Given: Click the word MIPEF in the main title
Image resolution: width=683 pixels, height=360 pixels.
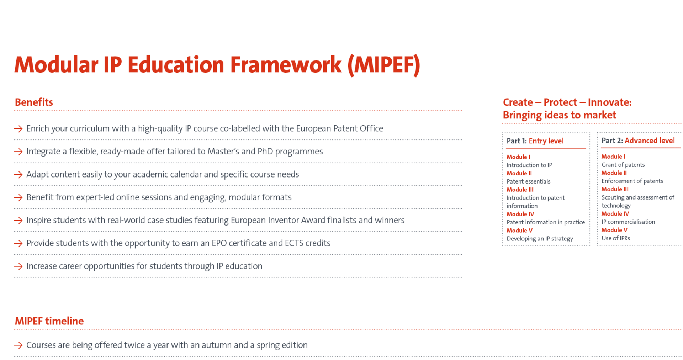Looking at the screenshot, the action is [384, 65].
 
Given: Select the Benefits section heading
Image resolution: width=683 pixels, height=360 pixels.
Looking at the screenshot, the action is [34, 102].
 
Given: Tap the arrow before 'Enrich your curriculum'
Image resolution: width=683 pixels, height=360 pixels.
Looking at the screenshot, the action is [18, 129].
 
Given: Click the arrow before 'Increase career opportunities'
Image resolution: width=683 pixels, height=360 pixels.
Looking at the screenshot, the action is [18, 266].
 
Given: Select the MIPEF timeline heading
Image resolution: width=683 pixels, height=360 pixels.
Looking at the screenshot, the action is [49, 321].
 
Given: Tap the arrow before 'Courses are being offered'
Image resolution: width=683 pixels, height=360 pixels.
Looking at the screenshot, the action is [18, 345].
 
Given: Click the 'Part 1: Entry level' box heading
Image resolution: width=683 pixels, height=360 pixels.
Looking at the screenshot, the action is [535, 141].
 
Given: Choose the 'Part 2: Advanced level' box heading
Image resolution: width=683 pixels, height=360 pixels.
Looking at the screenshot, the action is [638, 141].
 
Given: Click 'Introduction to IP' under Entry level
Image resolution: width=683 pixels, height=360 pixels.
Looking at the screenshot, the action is [529, 165].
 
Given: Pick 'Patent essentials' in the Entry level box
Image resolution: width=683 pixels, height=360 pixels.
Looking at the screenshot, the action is [528, 181].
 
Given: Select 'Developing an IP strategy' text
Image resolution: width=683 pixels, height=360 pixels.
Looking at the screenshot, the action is [540, 239].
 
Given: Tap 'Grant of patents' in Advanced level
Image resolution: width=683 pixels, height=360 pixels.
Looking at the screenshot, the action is [623, 165].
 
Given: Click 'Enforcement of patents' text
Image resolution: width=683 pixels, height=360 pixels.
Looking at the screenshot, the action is [632, 181].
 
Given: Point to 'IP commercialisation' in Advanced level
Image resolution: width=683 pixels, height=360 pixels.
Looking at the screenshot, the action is [628, 222].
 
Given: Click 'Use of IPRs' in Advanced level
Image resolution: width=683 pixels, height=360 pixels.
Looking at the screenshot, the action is [616, 238].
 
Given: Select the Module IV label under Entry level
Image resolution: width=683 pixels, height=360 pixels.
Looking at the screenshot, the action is [520, 214].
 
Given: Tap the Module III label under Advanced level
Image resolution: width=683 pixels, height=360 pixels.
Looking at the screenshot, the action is [615, 189].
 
